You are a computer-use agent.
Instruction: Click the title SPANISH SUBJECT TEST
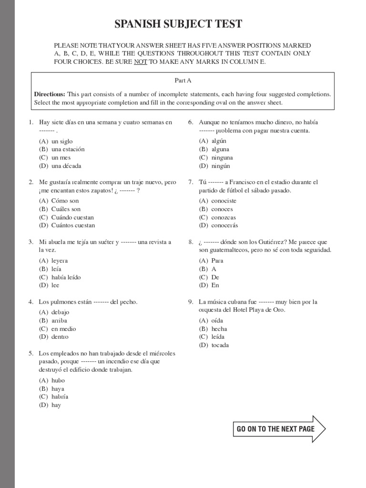[178, 24]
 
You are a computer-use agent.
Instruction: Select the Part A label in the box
[183, 81]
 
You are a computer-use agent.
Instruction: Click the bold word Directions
[50, 94]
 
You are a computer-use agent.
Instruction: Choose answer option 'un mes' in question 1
[61, 157]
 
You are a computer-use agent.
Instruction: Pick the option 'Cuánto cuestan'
[73, 225]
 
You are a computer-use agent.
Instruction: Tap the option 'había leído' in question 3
[66, 277]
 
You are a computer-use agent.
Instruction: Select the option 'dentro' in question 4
[60, 336]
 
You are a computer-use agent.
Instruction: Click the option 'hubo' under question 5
[58, 380]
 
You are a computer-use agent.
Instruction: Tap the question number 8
[190, 242]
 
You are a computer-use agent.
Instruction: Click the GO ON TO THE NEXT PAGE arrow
[279, 429]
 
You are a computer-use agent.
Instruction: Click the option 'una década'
[66, 166]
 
